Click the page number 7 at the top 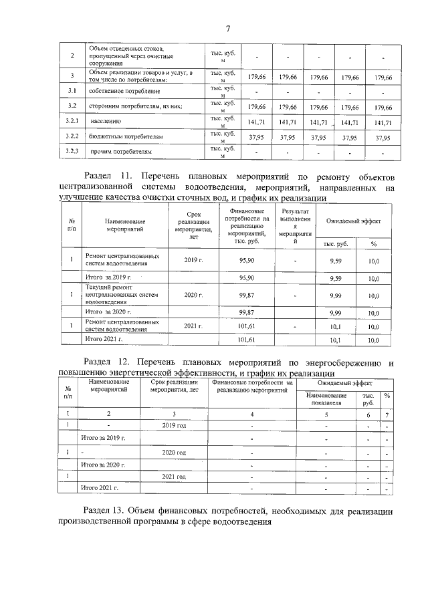pos(227,28)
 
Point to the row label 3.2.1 pos(73,121)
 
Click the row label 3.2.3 pos(73,152)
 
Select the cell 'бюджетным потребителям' pos(126,137)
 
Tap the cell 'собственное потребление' pos(123,91)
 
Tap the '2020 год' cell pos(174,453)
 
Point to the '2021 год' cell pos(174,476)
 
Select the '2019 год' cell pos(174,425)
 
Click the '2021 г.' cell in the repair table pos(193,326)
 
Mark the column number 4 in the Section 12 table pos(251,414)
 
